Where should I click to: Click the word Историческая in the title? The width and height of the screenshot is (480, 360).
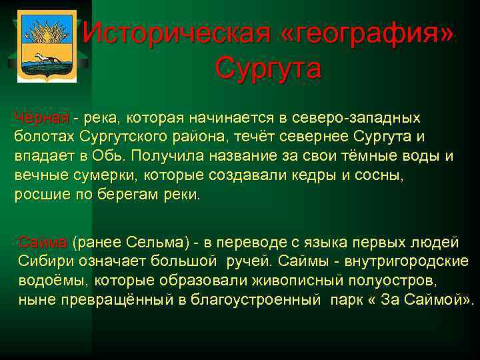[177, 31]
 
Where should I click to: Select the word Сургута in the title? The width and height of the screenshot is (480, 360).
[269, 67]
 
